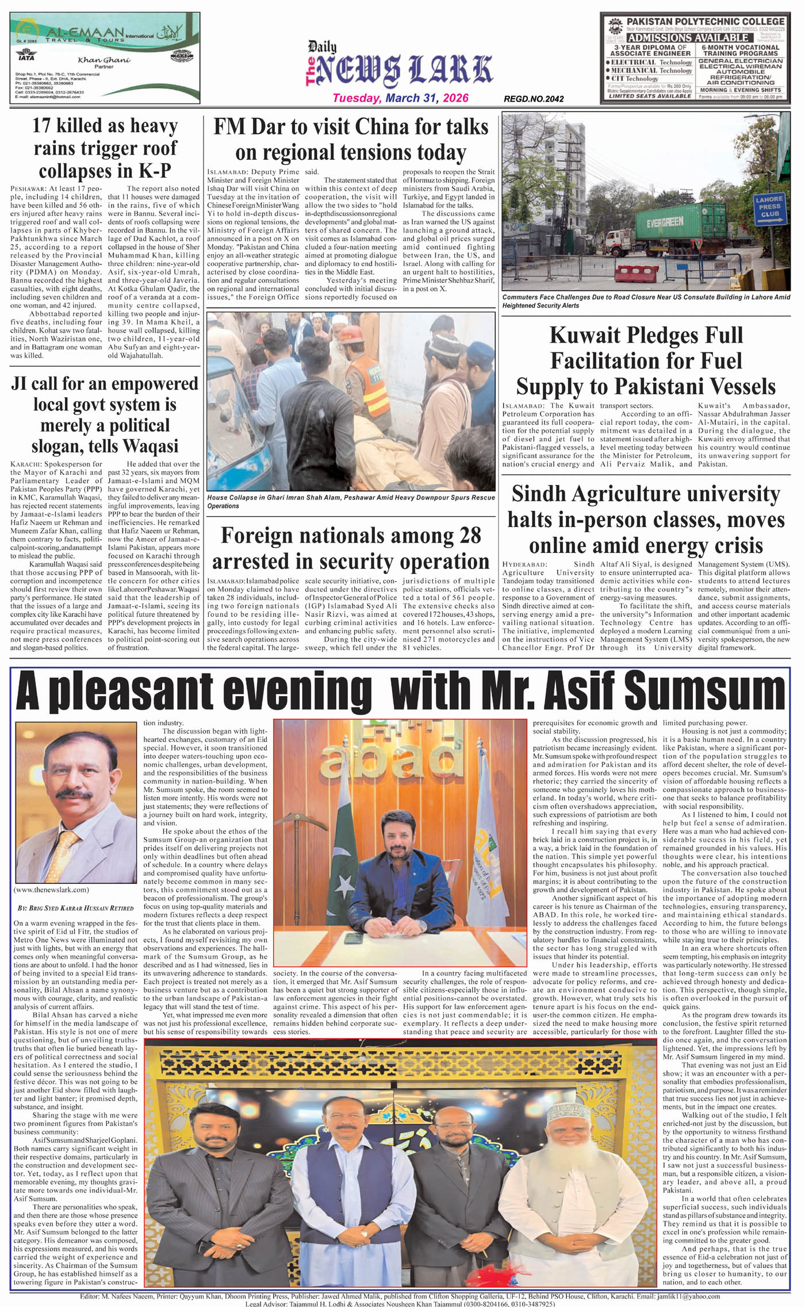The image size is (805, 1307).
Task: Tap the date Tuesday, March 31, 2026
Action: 400,98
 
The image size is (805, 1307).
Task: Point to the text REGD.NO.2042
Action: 534,99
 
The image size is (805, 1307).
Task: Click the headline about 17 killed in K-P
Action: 105,148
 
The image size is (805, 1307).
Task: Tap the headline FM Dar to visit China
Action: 351,140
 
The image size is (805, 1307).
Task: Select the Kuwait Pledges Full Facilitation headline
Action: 646,361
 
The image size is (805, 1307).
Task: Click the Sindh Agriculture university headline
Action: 646,519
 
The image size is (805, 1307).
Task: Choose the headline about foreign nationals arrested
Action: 351,548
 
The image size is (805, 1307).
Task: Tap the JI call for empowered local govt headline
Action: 105,415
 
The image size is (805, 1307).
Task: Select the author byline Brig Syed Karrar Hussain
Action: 76,908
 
